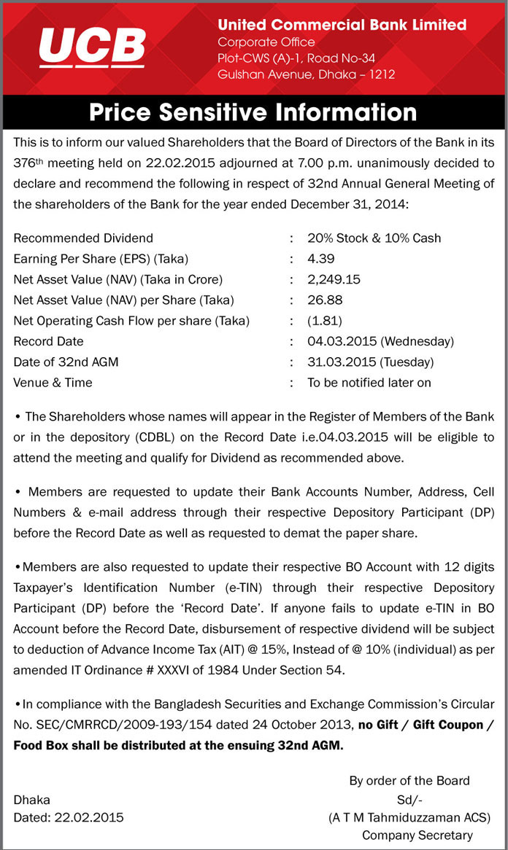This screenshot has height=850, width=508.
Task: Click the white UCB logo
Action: coord(92,47)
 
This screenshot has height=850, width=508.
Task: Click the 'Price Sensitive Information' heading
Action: coord(253,112)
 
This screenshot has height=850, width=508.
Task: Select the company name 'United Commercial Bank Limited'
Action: coord(342,25)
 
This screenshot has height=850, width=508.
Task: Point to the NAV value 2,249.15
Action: coord(334,279)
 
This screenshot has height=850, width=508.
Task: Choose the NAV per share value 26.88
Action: coord(324,300)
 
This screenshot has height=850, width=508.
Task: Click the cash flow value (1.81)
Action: coord(325,321)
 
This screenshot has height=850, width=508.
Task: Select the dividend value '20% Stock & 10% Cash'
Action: coord(374,238)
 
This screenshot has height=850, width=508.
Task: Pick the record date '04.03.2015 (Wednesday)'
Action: coord(380,341)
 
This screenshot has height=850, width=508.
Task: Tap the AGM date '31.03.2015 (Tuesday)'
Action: coord(370,362)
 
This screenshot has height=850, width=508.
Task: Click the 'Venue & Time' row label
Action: coord(53,383)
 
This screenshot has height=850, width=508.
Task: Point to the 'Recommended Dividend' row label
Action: coord(83,238)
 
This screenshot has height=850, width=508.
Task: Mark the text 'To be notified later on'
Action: coord(369,383)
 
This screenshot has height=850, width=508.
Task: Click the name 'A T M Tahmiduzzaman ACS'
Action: coord(409,817)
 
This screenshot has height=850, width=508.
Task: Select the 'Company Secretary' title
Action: coord(417,835)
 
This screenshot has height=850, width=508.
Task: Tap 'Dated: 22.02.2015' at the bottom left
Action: coord(69,817)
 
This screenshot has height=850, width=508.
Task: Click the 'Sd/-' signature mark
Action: coord(409,799)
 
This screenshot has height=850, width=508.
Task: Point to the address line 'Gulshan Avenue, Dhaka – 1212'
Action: coord(306,74)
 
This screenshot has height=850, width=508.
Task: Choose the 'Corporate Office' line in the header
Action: coord(266,42)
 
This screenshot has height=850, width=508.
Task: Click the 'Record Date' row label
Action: coord(48,341)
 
